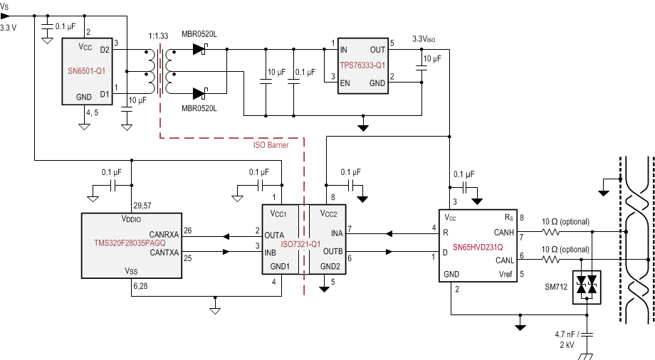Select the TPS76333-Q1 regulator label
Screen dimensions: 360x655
point(363,65)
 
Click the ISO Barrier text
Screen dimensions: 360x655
point(271,145)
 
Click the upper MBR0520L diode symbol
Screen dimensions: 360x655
point(199,49)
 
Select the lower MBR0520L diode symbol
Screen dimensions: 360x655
point(199,92)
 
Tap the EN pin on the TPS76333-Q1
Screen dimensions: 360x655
point(345,83)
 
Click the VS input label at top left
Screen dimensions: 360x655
point(6,5)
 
